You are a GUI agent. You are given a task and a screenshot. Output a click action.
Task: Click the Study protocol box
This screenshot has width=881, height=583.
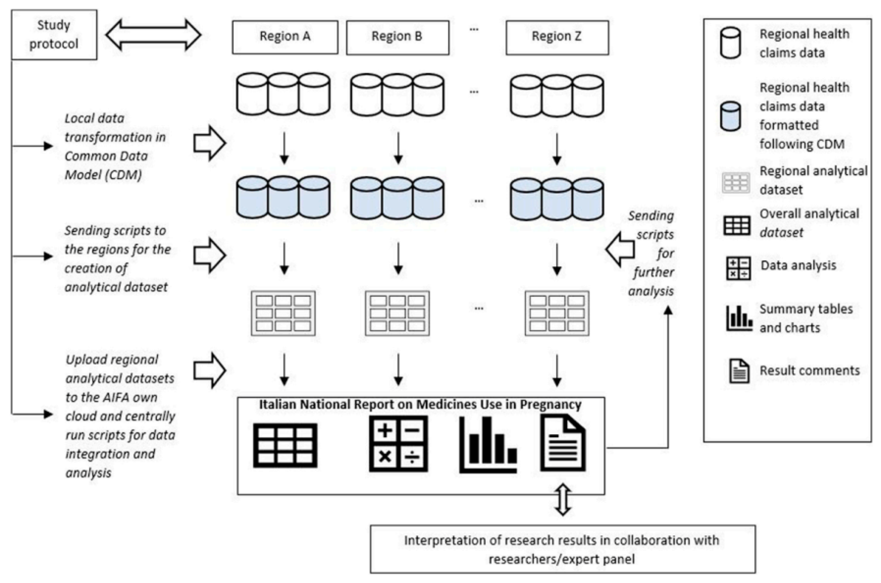pos(54,35)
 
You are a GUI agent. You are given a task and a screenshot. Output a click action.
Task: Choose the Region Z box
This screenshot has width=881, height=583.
pos(556,37)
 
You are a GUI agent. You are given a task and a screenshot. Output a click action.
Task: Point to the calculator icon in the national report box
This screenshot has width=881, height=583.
pos(398,444)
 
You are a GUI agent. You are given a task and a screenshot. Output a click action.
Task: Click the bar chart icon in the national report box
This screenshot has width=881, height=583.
pos(488,445)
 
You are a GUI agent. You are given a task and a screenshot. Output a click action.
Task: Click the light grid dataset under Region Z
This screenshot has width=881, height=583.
pos(556,313)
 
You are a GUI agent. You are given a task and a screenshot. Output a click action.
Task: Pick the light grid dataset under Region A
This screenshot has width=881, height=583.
pos(283,313)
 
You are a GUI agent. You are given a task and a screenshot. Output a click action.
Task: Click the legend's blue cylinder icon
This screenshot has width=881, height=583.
pos(730,116)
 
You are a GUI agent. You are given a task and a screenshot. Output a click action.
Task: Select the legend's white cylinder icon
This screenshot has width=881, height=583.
pos(730,43)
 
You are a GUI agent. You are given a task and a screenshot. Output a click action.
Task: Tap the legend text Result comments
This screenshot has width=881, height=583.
pos(809,370)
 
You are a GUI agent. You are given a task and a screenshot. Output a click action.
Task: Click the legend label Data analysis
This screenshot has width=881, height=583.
pos(798,265)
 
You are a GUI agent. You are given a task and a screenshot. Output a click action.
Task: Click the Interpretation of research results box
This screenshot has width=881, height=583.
pos(563,549)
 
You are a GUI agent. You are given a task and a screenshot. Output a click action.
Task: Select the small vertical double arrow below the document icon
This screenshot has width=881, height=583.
pos(563,499)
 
